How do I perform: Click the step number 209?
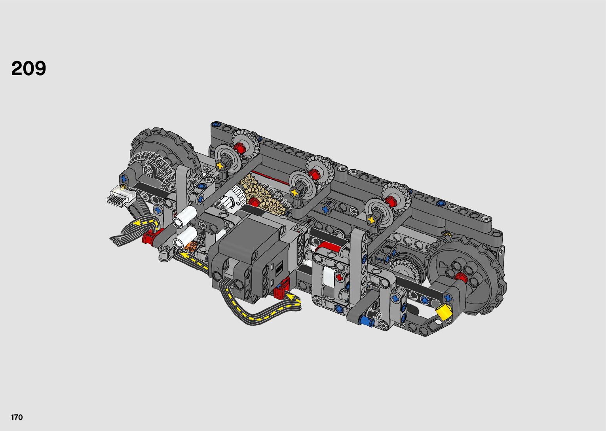[28, 68]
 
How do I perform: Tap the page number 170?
[17, 417]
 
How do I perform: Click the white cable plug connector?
[121, 196]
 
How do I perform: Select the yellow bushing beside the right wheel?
[445, 311]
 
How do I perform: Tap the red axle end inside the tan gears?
[253, 201]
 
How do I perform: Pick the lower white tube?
[185, 237]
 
